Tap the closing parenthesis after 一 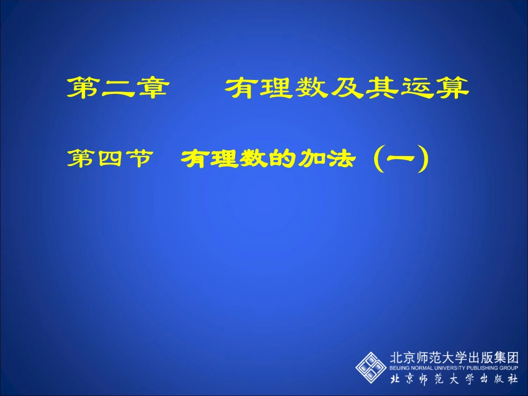coord(425,160)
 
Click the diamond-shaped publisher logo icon coord(371,367)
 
